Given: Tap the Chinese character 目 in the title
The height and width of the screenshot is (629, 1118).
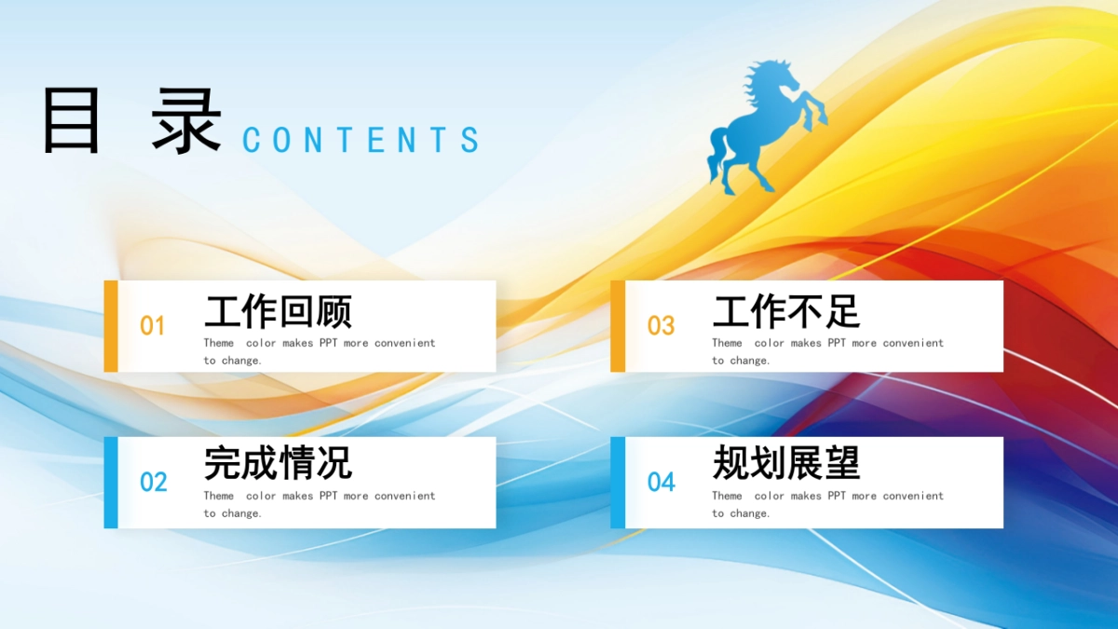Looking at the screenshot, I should (x=72, y=121).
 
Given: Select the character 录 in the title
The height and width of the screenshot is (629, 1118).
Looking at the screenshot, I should (x=187, y=121).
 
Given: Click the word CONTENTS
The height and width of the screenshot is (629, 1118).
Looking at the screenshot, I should (x=361, y=140).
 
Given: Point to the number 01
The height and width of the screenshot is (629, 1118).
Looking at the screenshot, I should (x=152, y=326).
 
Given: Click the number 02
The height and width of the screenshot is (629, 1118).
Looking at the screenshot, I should (x=153, y=483).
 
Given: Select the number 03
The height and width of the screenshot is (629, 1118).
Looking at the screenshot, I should (x=661, y=326).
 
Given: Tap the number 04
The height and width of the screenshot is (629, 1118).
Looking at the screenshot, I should (x=661, y=483).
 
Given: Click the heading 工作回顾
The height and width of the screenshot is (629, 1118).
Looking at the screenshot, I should (x=278, y=312).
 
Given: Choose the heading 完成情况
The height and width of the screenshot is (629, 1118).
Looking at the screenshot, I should (x=278, y=463).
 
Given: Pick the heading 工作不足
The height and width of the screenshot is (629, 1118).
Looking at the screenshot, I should (x=785, y=312).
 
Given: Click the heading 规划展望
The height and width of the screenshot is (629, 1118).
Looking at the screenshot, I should (x=785, y=463).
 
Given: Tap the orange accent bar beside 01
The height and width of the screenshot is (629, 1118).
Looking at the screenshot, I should (x=111, y=326).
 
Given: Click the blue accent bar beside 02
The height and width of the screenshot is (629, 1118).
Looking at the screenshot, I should (x=111, y=483).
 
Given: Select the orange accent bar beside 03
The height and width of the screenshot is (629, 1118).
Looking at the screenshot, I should (x=618, y=326).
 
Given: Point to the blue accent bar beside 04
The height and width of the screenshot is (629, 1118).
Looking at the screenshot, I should (x=618, y=483).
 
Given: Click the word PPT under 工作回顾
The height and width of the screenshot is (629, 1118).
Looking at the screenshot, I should (x=328, y=343).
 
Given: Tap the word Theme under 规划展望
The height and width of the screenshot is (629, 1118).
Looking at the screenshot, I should (x=727, y=496).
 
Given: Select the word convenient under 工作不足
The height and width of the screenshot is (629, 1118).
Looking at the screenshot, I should (x=913, y=343).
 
